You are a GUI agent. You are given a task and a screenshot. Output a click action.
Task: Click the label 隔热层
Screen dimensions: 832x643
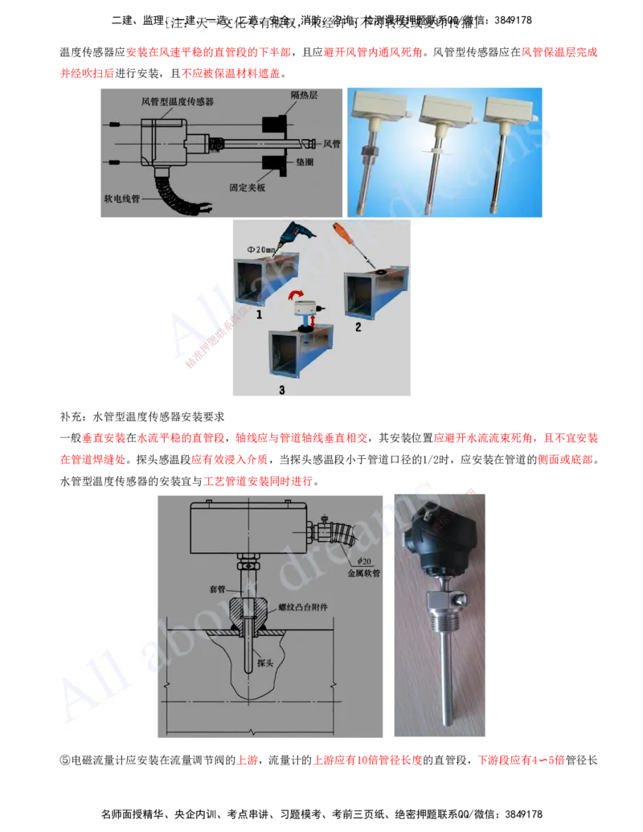(304, 96)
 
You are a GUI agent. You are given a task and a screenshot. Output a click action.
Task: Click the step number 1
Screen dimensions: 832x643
(259, 318)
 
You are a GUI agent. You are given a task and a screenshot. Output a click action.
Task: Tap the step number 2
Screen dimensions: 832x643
(358, 327)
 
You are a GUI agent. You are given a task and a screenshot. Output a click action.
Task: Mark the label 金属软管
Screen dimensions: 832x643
(363, 574)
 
